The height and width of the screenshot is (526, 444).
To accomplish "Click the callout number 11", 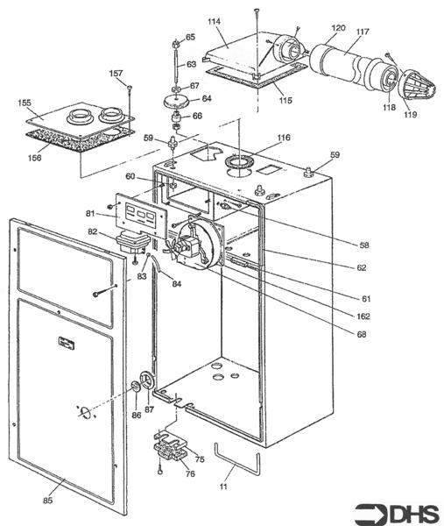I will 223,485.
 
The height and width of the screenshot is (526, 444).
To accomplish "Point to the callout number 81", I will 90,212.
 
